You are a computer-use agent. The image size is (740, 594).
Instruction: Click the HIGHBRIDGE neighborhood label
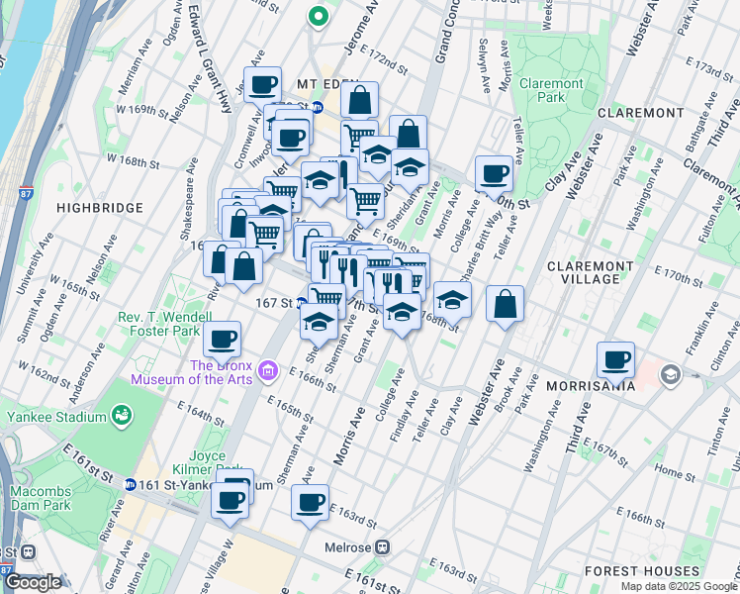point(100,208)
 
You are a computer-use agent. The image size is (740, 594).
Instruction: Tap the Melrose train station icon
point(382,546)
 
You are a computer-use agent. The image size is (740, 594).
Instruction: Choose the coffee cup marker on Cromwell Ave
point(263,85)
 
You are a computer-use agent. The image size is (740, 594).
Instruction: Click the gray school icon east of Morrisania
point(671,374)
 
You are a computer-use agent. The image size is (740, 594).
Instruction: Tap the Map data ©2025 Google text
point(679,586)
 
